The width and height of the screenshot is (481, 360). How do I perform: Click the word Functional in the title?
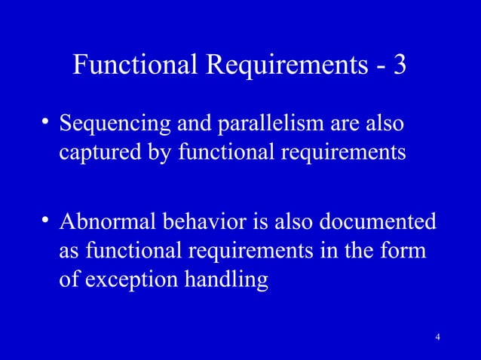[133, 66]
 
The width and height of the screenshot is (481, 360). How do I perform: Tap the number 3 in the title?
[399, 66]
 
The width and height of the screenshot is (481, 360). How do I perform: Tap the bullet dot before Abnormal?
[45, 221]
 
